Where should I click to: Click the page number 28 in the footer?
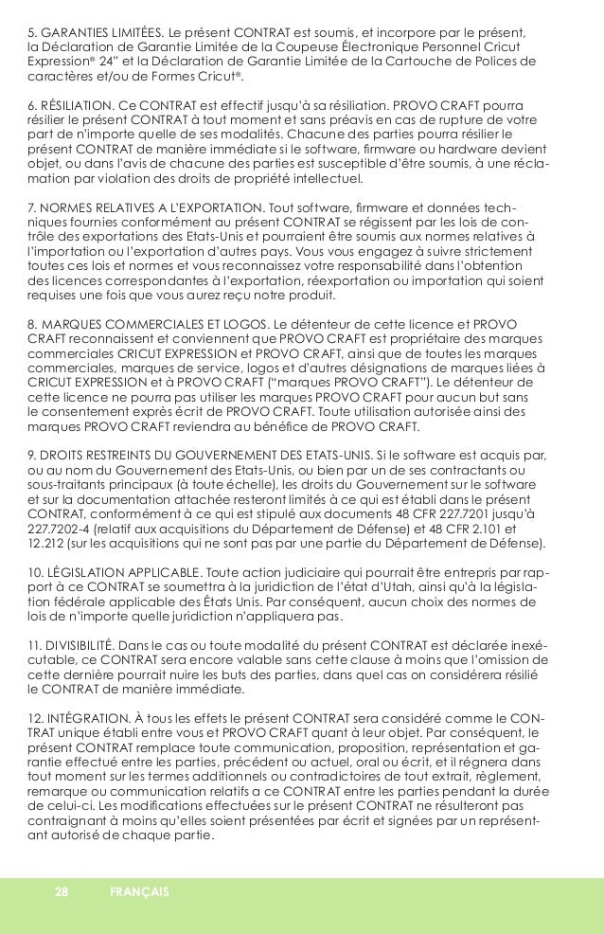coord(62,891)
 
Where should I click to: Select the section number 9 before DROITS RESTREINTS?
coord(32,456)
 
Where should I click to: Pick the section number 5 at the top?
coord(31,36)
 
